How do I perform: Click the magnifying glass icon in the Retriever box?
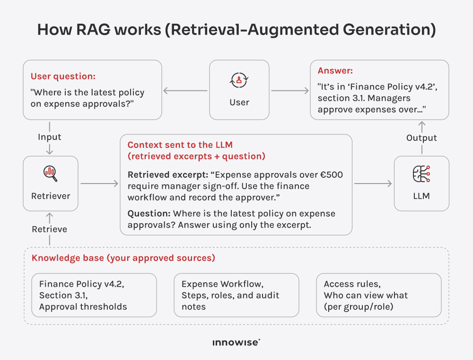tap(50, 174)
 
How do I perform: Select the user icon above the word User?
tap(239, 80)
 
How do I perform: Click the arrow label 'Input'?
tap(50, 137)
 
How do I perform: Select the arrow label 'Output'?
tap(421, 138)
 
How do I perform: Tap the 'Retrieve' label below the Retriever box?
tap(50, 229)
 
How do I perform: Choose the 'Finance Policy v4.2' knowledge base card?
tap(94, 295)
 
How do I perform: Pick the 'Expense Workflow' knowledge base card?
tap(236, 295)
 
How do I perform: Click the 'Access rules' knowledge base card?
tap(378, 295)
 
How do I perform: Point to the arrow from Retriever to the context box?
tap(99, 184)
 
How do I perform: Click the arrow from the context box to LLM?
tap(373, 184)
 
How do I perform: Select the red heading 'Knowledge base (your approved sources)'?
tap(123, 258)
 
